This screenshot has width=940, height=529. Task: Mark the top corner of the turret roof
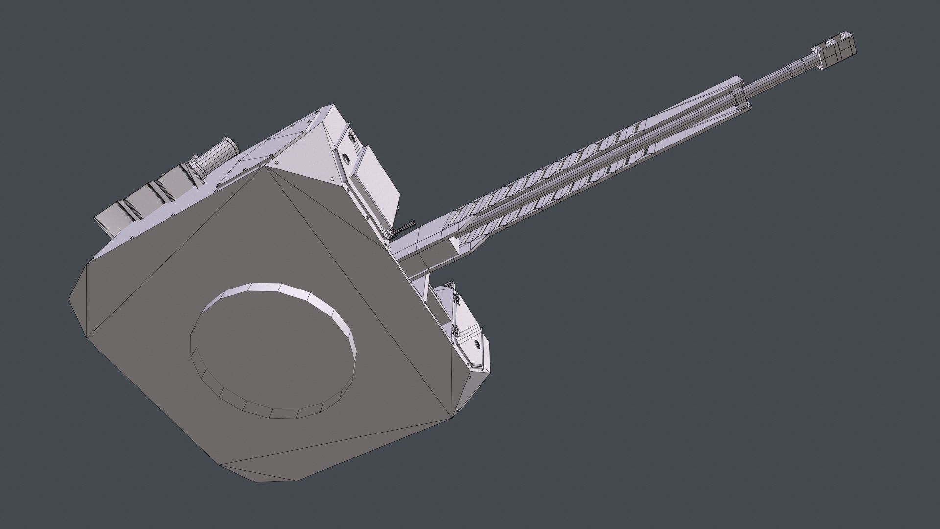coord(333,105)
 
